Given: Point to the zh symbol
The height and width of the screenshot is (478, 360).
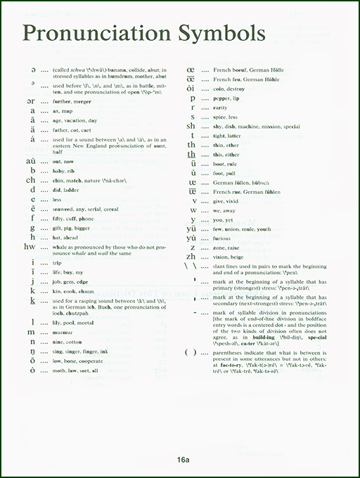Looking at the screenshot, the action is click(x=191, y=258).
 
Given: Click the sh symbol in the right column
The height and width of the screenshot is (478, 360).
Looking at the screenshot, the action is click(x=191, y=127).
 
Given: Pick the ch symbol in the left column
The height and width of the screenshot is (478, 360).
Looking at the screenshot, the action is click(x=30, y=180).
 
